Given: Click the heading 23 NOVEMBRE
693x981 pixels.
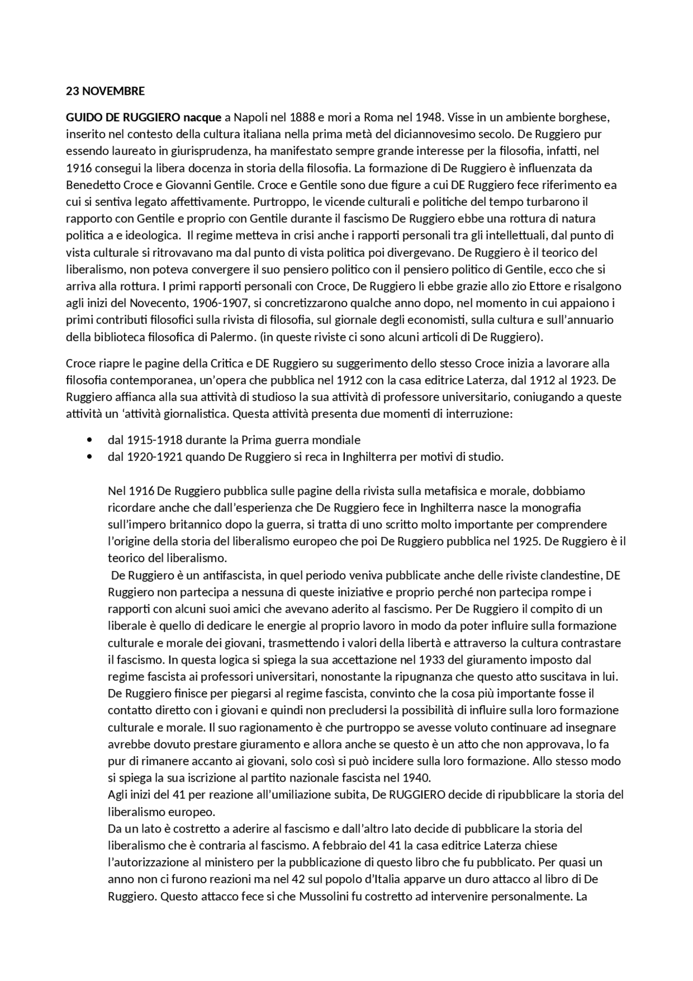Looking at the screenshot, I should point(105,91).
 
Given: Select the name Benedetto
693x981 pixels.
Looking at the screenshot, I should point(90,185).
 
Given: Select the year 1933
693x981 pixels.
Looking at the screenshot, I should point(432,660).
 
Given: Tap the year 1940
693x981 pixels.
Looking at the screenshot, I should point(417,778).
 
